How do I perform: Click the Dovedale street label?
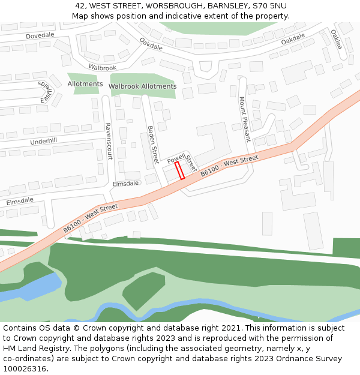click(40, 35)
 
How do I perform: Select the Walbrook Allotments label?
click(143, 86)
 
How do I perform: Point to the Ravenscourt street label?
click(108, 141)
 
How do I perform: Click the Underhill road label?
click(43, 141)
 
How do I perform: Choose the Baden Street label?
click(152, 145)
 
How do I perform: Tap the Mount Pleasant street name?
click(244, 118)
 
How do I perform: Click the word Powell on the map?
click(176, 158)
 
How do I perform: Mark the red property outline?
click(179, 170)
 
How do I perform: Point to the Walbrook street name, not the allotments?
click(102, 68)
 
